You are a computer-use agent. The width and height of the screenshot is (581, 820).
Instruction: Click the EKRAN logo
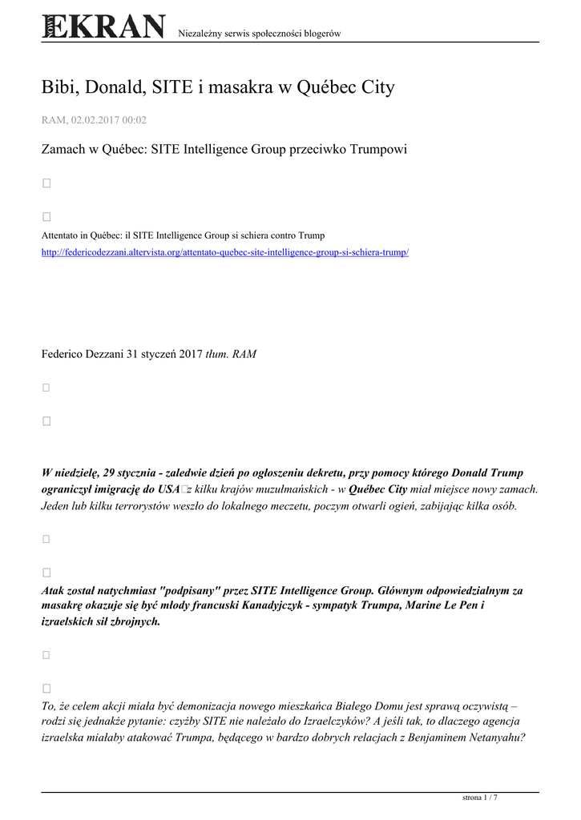(x=103, y=27)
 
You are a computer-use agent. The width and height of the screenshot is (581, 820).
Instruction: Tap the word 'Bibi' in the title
(x=59, y=87)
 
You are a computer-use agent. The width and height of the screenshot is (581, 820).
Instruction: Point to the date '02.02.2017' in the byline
(x=95, y=120)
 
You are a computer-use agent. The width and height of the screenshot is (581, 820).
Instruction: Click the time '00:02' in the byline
(x=135, y=120)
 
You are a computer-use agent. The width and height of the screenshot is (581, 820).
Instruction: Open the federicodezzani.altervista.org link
(x=225, y=252)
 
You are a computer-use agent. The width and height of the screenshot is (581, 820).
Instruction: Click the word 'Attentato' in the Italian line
(x=59, y=235)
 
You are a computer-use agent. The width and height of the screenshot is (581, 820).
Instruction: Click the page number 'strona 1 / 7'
(x=481, y=798)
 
